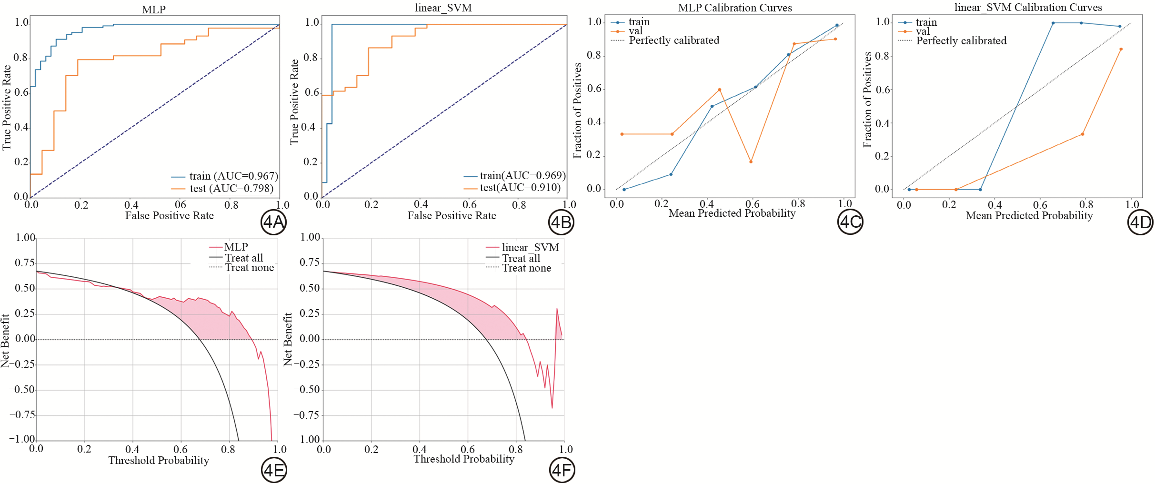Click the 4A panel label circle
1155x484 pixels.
pyautogui.click(x=273, y=222)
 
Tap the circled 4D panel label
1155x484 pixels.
pyautogui.click(x=1140, y=222)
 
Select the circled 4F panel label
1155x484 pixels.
pyautogui.click(x=562, y=470)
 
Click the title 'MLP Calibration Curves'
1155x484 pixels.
pyautogui.click(x=734, y=8)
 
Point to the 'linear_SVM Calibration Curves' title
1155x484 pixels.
pyautogui.click(x=1028, y=7)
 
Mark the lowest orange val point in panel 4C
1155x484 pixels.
pyautogui.click(x=751, y=162)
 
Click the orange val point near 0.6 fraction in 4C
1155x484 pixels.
pyautogui.click(x=719, y=90)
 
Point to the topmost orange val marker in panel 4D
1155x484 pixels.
pyautogui.click(x=1121, y=49)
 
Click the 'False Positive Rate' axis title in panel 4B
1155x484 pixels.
pyautogui.click(x=452, y=216)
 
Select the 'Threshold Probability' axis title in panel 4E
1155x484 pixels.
pyautogui.click(x=159, y=460)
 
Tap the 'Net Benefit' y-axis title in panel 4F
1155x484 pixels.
pyautogui.click(x=288, y=339)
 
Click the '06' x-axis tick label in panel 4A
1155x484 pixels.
pyautogui.click(x=181, y=205)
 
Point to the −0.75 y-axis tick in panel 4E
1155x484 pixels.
pyautogui.click(x=22, y=415)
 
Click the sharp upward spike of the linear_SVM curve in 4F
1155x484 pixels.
pyautogui.click(x=557, y=309)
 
